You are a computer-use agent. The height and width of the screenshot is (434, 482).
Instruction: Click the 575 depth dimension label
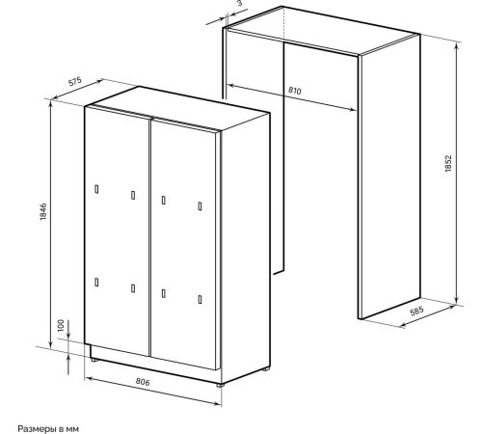(x=75, y=81)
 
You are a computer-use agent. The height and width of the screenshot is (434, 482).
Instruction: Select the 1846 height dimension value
(x=43, y=211)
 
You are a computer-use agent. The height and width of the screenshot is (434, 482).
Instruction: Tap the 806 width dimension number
(x=143, y=382)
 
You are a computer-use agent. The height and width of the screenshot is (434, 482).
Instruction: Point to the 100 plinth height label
(x=61, y=325)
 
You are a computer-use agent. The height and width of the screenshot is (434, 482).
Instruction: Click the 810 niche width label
(x=295, y=91)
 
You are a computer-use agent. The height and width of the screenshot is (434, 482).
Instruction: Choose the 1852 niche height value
(x=448, y=163)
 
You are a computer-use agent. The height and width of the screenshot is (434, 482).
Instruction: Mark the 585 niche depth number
(x=417, y=312)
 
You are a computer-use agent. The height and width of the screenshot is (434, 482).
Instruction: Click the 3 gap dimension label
(x=239, y=4)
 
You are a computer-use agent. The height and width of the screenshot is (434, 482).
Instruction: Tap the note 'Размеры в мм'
(x=48, y=428)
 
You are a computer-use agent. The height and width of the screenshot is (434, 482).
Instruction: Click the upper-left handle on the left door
(x=96, y=189)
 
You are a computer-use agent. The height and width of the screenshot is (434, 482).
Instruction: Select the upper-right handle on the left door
(x=133, y=195)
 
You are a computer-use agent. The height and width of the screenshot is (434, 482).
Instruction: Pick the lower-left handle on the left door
(x=96, y=282)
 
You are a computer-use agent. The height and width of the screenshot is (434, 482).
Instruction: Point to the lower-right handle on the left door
(x=133, y=288)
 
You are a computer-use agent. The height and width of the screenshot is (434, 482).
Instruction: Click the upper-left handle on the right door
(x=164, y=200)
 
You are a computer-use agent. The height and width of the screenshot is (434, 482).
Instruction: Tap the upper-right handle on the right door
(x=200, y=206)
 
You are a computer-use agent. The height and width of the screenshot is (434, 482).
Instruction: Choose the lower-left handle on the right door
(x=164, y=293)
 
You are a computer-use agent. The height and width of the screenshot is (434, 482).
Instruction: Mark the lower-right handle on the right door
(x=200, y=299)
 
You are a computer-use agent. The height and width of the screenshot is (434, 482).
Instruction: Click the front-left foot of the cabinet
(x=94, y=360)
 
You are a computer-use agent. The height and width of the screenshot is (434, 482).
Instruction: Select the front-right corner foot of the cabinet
(x=219, y=385)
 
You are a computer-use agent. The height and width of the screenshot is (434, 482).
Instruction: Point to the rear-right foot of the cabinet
(x=265, y=369)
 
